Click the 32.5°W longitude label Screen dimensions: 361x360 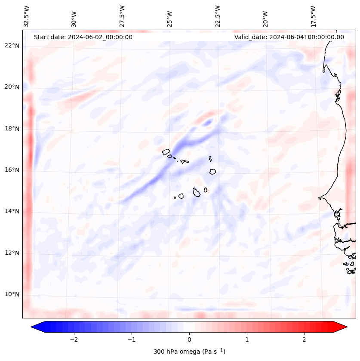click(27, 16)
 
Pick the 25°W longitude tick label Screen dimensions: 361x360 click(169, 19)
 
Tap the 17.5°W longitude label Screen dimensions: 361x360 click(313, 16)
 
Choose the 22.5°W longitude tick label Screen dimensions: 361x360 click(218, 16)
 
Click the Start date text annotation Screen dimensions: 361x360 click(83, 37)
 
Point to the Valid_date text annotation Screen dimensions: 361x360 click(289, 37)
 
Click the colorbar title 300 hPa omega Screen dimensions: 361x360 click(189, 352)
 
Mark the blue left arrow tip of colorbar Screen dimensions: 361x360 click(33, 327)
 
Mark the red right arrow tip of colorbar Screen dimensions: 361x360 click(346, 327)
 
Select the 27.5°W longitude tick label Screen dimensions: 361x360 click(122, 16)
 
